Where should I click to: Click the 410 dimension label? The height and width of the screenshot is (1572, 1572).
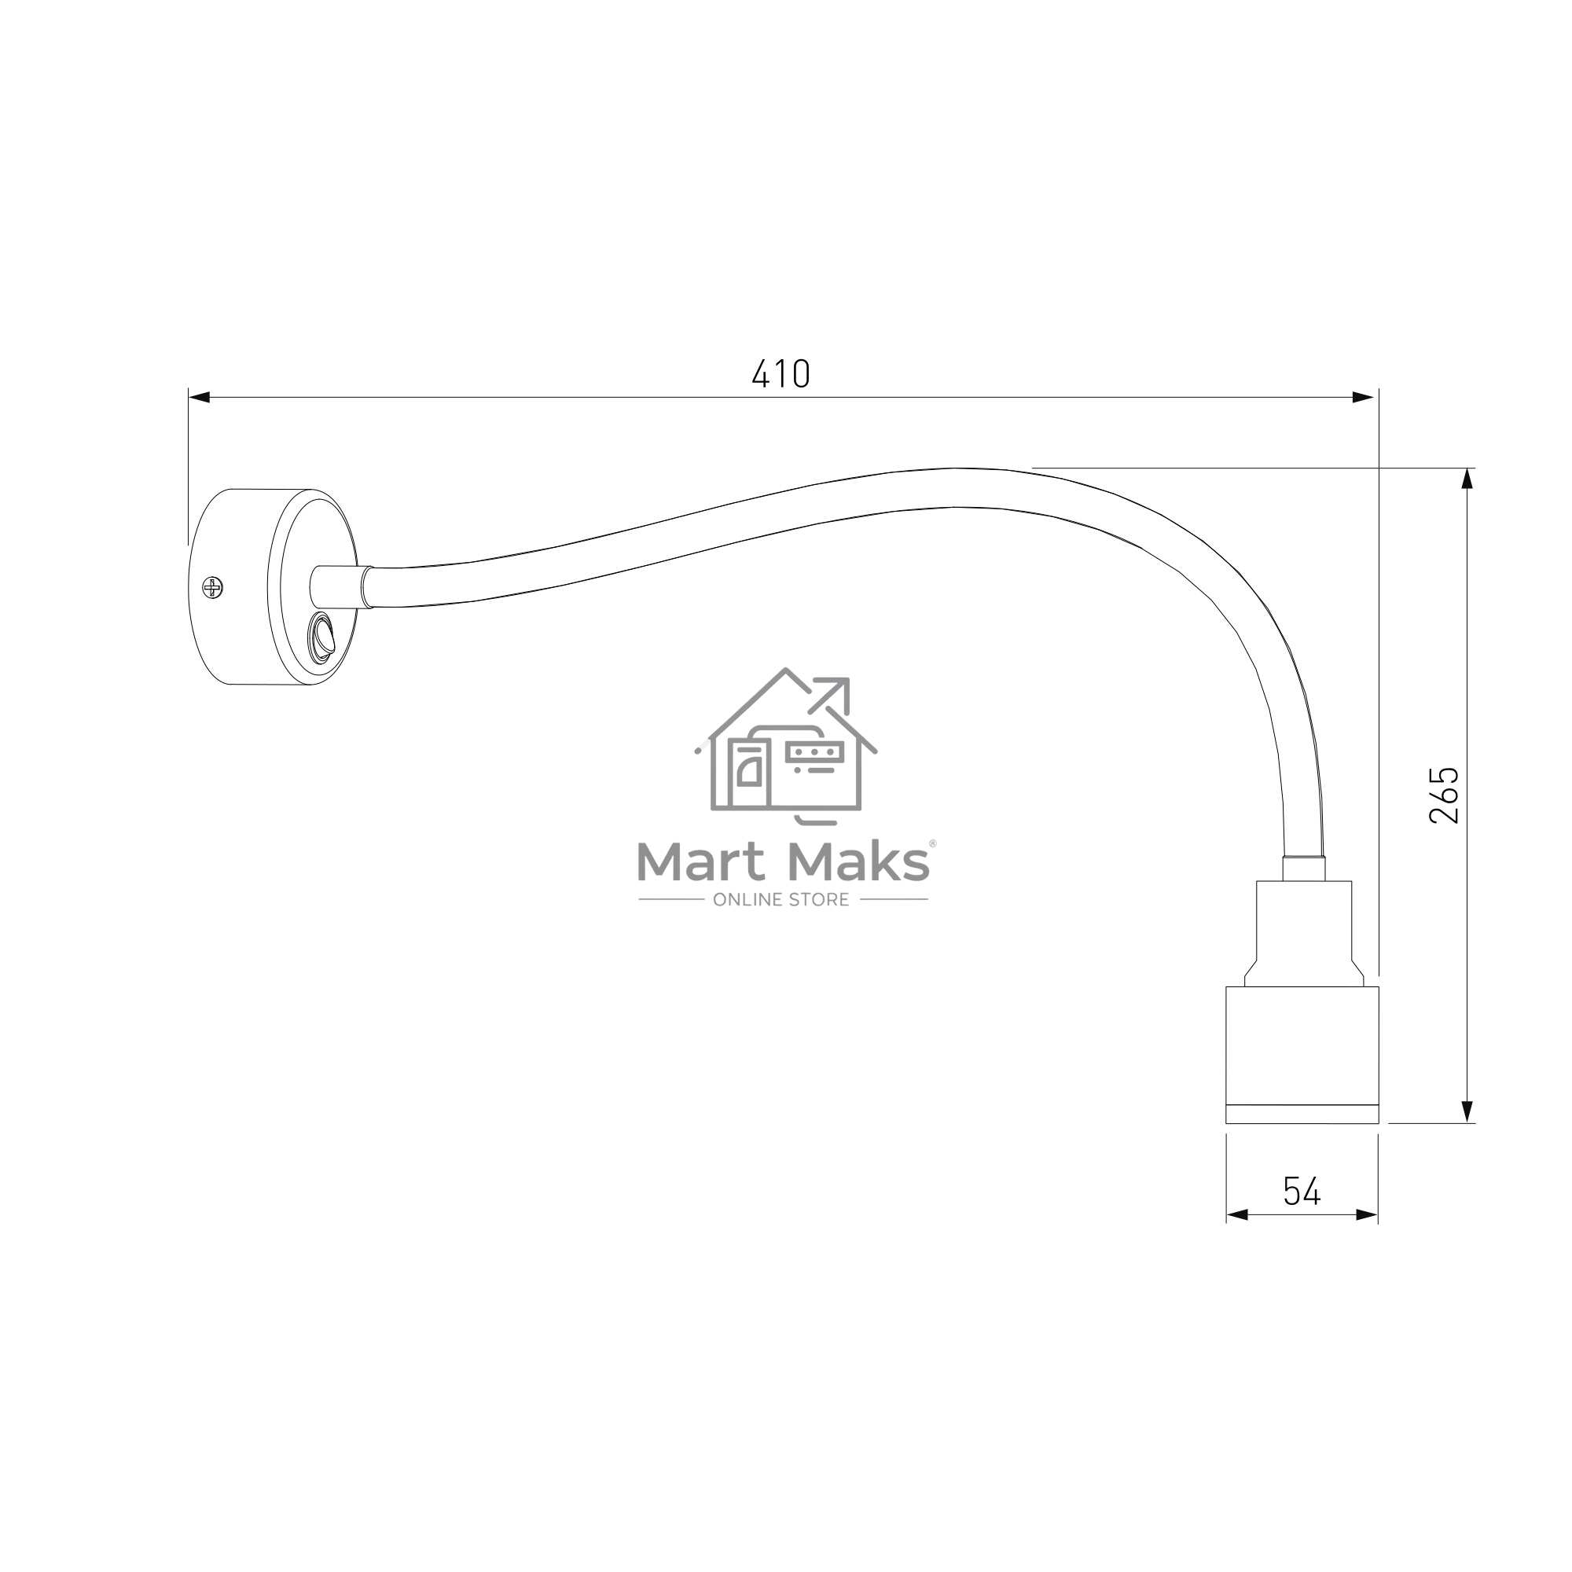(x=781, y=373)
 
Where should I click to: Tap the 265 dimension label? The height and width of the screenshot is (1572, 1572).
(x=1444, y=794)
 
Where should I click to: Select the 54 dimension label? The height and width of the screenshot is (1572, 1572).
(x=1302, y=1192)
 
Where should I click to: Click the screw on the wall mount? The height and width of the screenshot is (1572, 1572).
(x=212, y=586)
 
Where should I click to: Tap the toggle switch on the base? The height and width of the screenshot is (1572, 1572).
(x=322, y=634)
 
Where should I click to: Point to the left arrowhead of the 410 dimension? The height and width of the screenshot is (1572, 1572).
(x=200, y=397)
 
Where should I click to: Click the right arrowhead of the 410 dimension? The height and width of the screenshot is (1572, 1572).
(x=1363, y=397)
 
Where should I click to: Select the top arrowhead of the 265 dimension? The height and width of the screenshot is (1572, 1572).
(x=1467, y=479)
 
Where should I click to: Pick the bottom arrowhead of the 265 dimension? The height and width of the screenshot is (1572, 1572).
(x=1467, y=1111)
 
